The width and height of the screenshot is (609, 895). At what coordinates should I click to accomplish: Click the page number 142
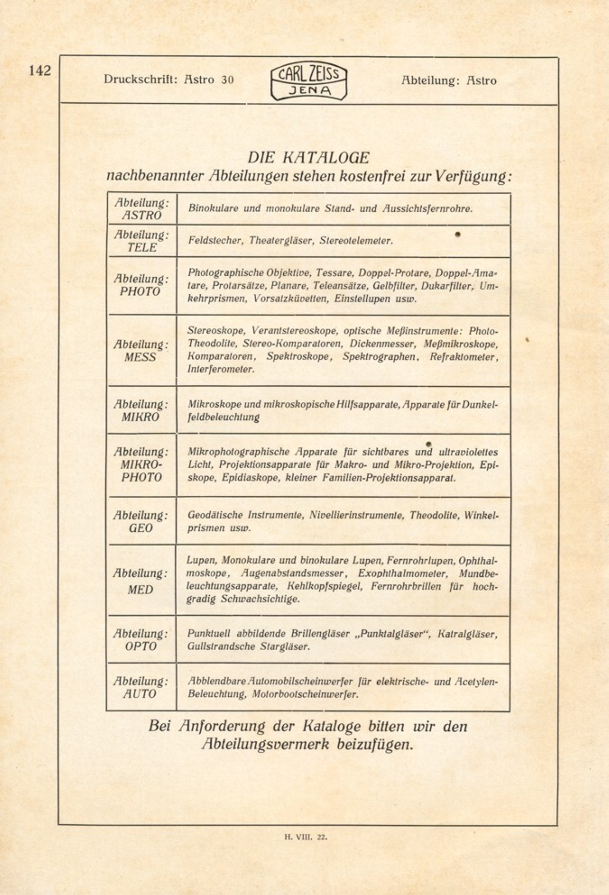(x=40, y=71)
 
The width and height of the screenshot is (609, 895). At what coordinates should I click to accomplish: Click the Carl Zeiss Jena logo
(x=309, y=82)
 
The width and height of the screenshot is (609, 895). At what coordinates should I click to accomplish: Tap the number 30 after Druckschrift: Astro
(x=227, y=80)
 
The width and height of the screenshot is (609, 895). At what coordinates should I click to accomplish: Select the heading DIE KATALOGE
(x=308, y=158)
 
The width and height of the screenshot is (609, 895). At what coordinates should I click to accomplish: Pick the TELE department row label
(x=142, y=242)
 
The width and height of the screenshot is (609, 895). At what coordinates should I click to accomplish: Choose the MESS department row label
(x=140, y=351)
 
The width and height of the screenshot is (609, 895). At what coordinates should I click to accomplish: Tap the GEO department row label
(x=141, y=522)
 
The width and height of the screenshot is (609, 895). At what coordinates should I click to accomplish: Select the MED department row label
(x=140, y=581)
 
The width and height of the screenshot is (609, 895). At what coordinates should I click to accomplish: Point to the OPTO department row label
(x=141, y=640)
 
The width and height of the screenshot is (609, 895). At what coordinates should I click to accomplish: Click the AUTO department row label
(x=140, y=688)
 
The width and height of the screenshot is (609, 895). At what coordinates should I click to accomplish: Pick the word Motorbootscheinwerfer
(x=305, y=694)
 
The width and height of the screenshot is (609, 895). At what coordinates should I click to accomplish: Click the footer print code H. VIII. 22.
(x=306, y=837)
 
